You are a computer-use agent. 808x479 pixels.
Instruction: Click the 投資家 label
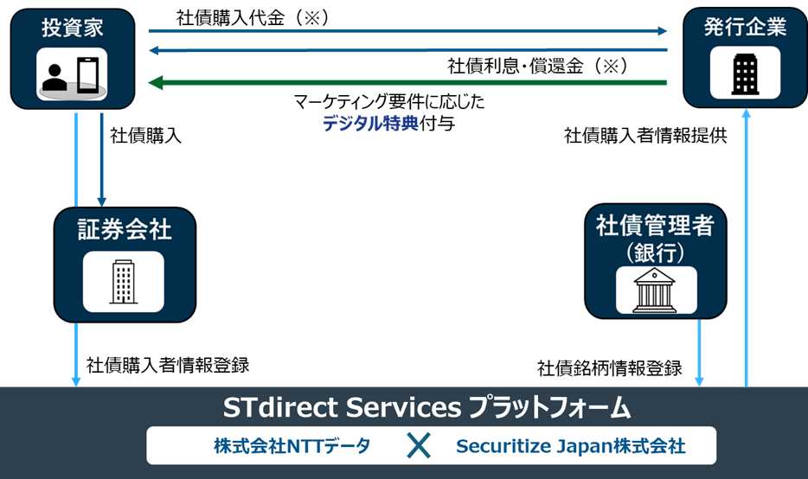73,27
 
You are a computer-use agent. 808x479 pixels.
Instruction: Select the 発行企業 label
745,27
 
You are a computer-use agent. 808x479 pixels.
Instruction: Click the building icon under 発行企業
745,73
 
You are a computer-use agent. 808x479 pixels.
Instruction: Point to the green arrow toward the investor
407,83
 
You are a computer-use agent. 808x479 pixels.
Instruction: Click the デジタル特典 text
370,124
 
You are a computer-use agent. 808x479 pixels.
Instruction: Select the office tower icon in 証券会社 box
124,281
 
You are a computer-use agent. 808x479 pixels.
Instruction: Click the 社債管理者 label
655,227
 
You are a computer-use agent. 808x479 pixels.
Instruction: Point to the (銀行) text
655,252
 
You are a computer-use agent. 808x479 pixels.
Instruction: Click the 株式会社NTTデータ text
292,446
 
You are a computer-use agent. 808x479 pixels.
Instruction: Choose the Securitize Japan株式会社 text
571,446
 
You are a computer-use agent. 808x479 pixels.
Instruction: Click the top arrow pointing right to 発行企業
407,31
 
